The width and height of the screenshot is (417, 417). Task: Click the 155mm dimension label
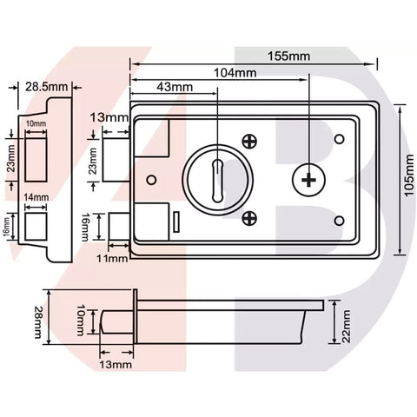(x=288, y=56)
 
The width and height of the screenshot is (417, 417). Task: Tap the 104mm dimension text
(x=235, y=73)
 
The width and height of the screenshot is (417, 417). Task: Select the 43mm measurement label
(x=175, y=87)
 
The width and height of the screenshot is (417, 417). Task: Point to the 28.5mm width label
(x=46, y=87)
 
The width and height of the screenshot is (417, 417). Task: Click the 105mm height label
(x=409, y=175)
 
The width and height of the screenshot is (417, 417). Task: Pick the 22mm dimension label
(x=346, y=327)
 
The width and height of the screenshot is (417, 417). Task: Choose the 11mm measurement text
(x=112, y=258)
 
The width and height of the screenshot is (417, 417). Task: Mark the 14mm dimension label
(x=36, y=197)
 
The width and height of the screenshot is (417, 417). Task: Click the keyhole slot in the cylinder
(x=217, y=180)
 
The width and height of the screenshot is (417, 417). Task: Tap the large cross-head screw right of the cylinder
(x=308, y=180)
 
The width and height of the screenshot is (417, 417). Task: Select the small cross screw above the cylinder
(x=249, y=142)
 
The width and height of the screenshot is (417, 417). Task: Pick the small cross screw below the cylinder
(x=249, y=218)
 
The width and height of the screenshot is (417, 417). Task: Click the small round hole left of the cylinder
(x=151, y=180)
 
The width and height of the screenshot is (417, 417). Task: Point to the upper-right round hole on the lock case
(x=340, y=139)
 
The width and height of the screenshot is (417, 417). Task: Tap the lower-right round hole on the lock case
(x=340, y=221)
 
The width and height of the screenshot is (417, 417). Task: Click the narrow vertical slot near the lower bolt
(x=176, y=222)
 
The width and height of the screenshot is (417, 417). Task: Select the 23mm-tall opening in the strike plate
(x=36, y=160)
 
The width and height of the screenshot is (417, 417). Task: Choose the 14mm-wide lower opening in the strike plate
(x=36, y=227)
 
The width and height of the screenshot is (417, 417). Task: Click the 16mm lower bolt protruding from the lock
(x=119, y=227)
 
